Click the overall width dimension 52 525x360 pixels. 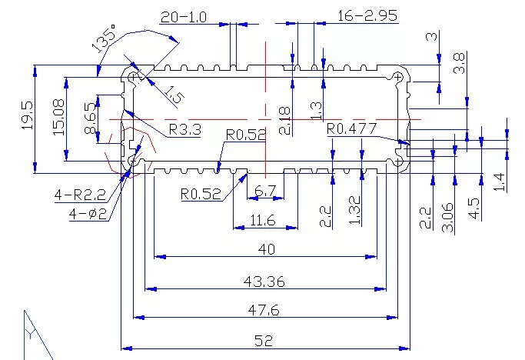[x=264, y=341]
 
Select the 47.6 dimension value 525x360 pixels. [x=264, y=310]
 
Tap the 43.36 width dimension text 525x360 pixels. [x=264, y=282]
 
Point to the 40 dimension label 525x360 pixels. [x=267, y=249]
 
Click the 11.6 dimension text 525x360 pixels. [x=263, y=220]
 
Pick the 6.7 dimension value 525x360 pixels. [x=265, y=191]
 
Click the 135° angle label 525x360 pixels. [x=104, y=38]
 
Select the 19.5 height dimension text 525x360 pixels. [x=28, y=115]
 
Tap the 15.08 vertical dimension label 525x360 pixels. [x=58, y=117]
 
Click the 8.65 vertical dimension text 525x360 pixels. [x=91, y=118]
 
